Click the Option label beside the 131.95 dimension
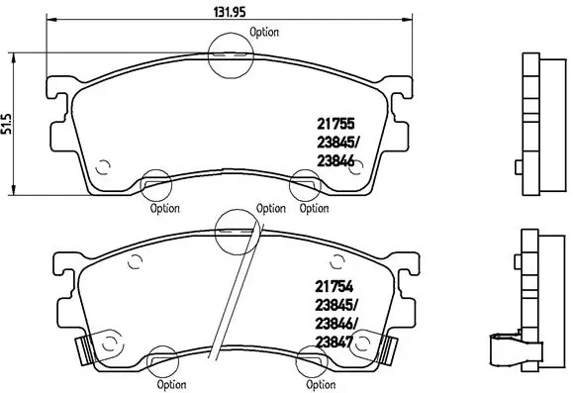[x=264, y=32]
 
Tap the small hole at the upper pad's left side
[x=103, y=165]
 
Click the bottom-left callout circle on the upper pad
[x=154, y=183]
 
